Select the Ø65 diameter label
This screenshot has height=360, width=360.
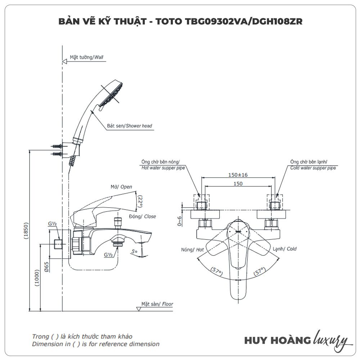(x=46, y=267)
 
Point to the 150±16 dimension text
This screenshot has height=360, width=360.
(x=238, y=175)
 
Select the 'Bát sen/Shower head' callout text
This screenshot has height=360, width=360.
(x=130, y=126)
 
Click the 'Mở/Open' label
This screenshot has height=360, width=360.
(x=121, y=187)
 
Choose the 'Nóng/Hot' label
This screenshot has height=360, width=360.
(x=193, y=249)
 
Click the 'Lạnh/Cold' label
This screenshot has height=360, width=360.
(x=284, y=249)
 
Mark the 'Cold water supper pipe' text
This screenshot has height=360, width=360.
(x=313, y=168)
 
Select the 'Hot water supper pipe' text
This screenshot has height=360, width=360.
(x=163, y=168)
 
